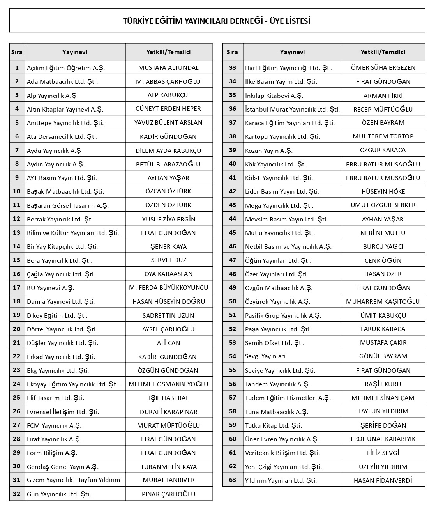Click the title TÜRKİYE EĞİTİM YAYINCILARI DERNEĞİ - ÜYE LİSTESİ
point(217,21)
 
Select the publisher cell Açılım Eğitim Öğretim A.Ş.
point(66,68)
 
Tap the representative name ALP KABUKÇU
point(168,95)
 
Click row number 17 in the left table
point(17,288)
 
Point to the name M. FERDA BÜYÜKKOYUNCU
point(168,288)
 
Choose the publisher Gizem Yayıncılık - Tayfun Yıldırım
point(73,480)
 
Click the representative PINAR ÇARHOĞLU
point(168,494)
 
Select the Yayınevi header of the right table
point(292,52)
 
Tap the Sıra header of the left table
point(17,52)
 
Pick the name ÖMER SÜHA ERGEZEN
point(383,68)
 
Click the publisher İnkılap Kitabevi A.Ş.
point(274,96)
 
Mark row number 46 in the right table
point(233,246)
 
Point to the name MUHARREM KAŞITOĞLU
point(383,301)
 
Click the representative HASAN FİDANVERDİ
point(383,480)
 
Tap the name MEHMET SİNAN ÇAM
point(383,398)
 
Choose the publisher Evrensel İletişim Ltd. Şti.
point(63,412)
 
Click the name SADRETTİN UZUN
point(168,315)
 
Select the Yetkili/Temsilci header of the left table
point(168,52)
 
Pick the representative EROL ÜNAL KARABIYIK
point(383,439)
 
